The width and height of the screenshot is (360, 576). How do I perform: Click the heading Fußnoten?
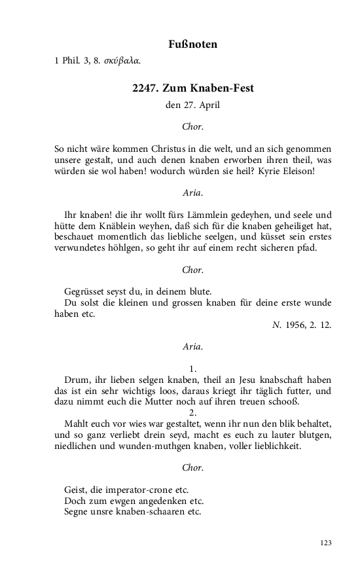(192, 45)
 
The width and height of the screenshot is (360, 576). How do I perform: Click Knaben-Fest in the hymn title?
(226, 88)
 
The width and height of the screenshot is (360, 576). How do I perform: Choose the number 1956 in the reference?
(296, 325)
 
